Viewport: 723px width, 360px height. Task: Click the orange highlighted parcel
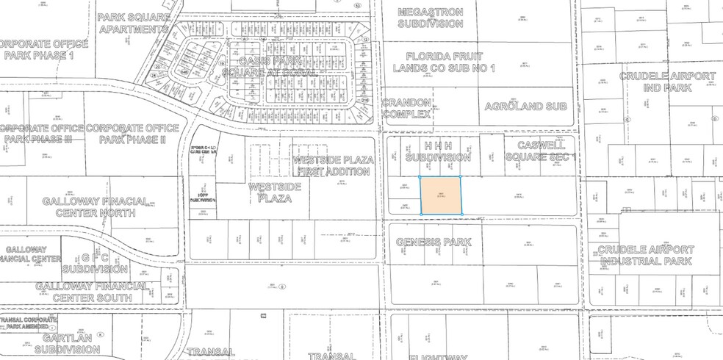click(441, 195)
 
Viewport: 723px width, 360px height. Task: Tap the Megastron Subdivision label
click(431, 18)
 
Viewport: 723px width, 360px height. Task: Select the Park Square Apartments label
click(134, 23)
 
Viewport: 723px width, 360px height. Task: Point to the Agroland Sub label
click(526, 107)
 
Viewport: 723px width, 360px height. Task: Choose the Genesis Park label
click(432, 242)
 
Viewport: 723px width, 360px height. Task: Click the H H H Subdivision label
click(437, 151)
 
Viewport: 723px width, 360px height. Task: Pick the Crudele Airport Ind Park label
click(667, 82)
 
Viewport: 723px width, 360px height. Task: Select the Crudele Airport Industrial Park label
click(646, 255)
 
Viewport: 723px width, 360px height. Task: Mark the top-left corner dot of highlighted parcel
click(420, 177)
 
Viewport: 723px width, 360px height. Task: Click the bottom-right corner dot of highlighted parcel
click(461, 215)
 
